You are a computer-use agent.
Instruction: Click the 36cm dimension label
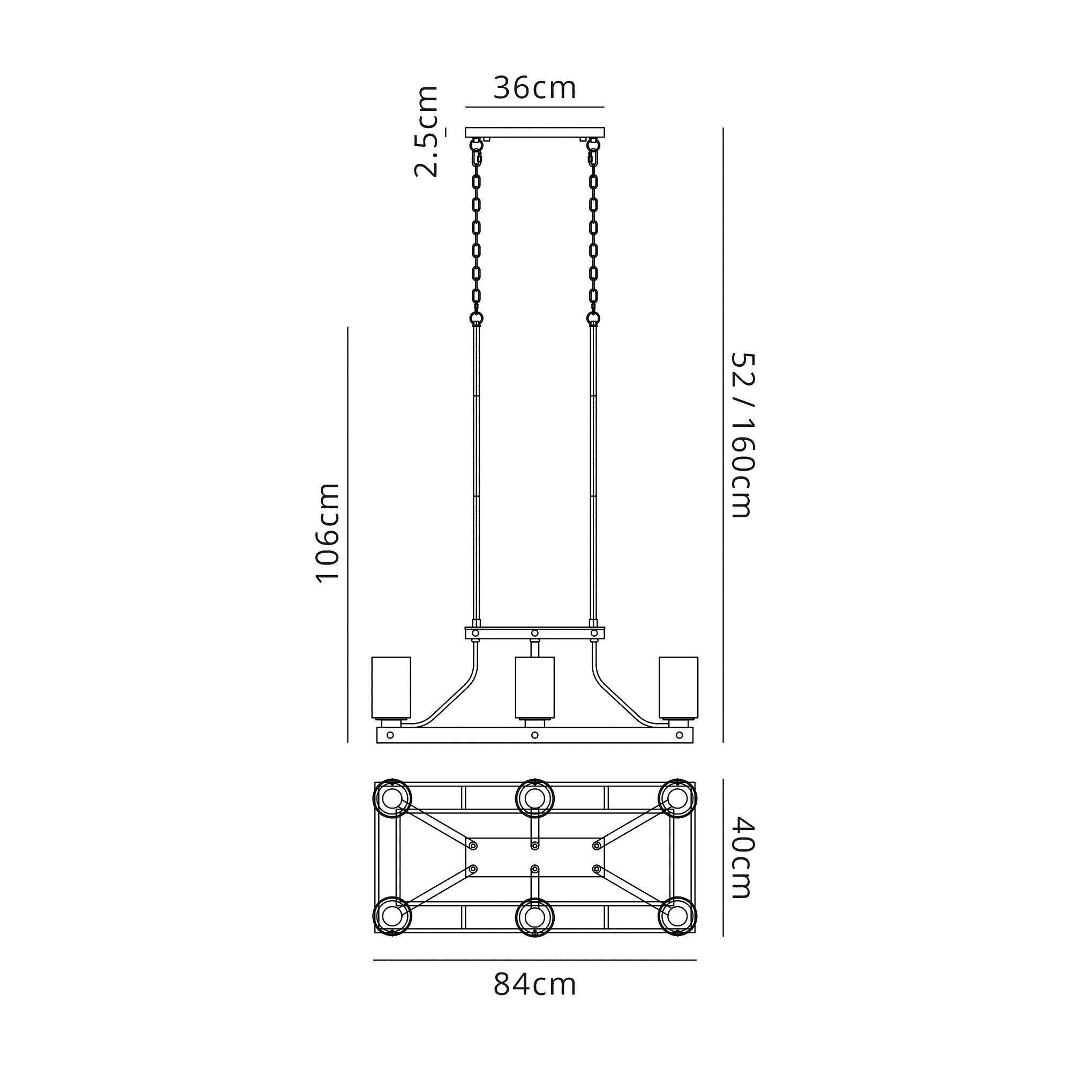tap(534, 89)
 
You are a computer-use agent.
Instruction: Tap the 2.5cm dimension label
tap(427, 132)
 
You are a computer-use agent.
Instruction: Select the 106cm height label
tap(327, 533)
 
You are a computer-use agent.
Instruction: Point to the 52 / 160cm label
tap(741, 435)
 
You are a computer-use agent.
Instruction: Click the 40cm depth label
tap(741, 865)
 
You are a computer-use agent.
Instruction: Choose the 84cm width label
tap(534, 985)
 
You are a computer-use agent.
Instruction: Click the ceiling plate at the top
tap(534, 132)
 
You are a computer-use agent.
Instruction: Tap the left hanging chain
tap(476, 233)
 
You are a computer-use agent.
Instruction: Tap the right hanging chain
tap(593, 233)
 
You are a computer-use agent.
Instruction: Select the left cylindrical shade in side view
tap(391, 687)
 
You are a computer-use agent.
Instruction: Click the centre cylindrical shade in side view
tap(534, 687)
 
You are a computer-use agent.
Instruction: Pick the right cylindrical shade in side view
tap(678, 687)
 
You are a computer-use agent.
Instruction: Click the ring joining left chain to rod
tap(476, 318)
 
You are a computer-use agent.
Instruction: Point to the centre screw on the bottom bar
tap(534, 735)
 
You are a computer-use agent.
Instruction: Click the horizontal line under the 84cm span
tap(534, 960)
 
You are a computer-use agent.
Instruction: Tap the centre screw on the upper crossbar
tap(534, 632)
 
